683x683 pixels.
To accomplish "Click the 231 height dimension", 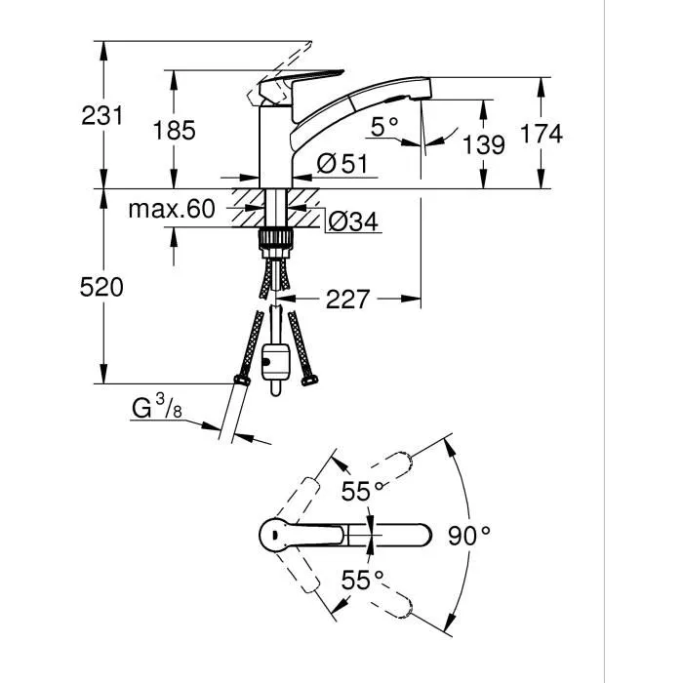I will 102,115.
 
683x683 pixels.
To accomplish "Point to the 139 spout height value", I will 485,146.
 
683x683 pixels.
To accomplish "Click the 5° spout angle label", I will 384,125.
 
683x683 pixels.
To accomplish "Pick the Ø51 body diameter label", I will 341,165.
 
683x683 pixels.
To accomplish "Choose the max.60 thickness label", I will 171,208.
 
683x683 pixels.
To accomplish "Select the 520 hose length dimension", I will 102,287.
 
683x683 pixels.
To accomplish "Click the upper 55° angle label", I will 362,492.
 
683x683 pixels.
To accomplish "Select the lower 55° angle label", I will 362,581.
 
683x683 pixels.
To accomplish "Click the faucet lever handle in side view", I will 303,81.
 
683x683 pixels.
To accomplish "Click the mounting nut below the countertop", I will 279,239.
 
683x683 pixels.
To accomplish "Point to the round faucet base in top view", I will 277,535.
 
